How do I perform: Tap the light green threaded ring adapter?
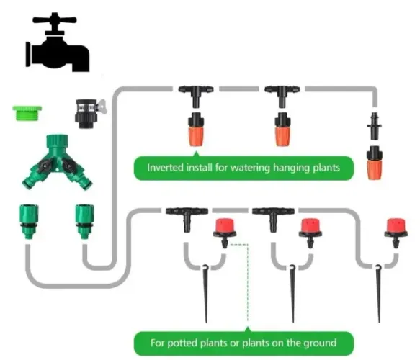pyautogui.click(x=27, y=113)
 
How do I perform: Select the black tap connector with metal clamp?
pyautogui.click(x=89, y=113)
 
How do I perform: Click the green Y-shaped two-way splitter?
pyautogui.click(x=57, y=162)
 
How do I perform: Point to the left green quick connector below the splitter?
pyautogui.click(x=29, y=221)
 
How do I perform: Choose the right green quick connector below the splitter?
pyautogui.click(x=84, y=221)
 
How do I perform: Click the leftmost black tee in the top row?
pyautogui.click(x=196, y=96)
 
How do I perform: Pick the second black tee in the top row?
pyautogui.click(x=282, y=96)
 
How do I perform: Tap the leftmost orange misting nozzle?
pyautogui.click(x=197, y=130)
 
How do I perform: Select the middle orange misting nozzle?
pyautogui.click(x=282, y=130)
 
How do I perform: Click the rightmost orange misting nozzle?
pyautogui.click(x=374, y=163)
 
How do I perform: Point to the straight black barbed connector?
pyautogui.click(x=374, y=126)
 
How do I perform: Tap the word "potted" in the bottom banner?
pyautogui.click(x=182, y=343)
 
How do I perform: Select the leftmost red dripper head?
pyautogui.click(x=225, y=233)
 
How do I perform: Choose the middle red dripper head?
pyautogui.click(x=310, y=233)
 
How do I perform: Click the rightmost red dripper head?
pyautogui.click(x=396, y=233)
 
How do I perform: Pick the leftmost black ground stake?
pyautogui.click(x=206, y=293)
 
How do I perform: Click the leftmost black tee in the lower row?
pyautogui.click(x=187, y=219)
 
